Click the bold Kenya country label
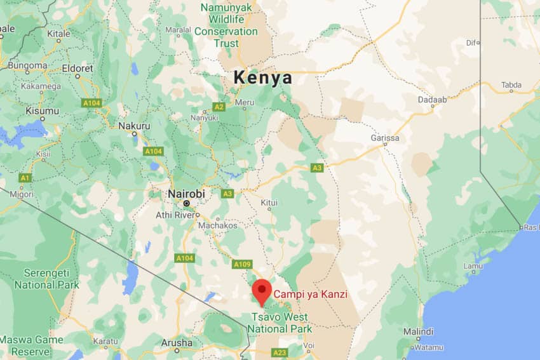coord(263,78)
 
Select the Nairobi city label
coord(186,194)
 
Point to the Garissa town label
coord(385,138)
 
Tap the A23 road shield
coord(280,352)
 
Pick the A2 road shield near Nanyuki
coord(219,107)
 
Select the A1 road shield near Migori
coord(25,178)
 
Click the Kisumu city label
coord(42,111)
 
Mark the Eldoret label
coord(78,68)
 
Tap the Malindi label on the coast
coord(418,331)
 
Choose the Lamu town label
coord(473,266)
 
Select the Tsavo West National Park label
coord(280,323)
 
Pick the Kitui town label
coord(269,203)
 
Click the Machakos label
coord(217,225)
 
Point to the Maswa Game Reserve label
coord(32,346)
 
